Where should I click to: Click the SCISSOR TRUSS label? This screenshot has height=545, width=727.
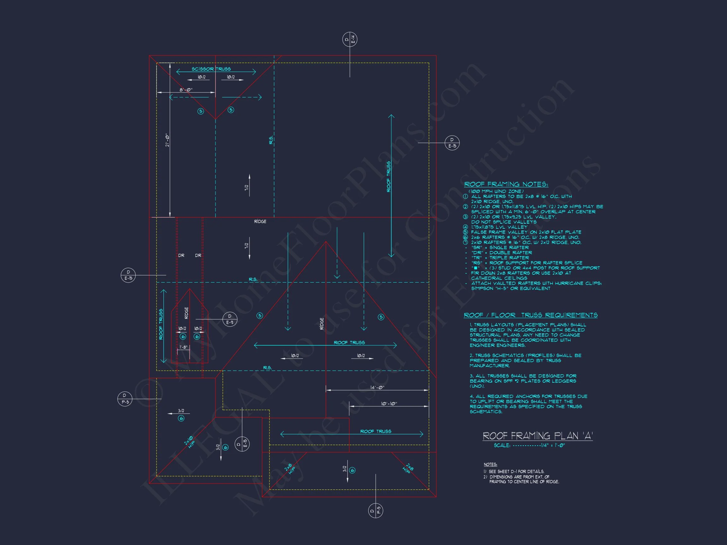tap(211, 69)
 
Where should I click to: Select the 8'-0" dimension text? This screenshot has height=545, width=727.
tap(186, 90)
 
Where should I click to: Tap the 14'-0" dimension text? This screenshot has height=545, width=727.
tap(377, 387)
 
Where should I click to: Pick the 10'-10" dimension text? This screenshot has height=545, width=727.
tap(389, 403)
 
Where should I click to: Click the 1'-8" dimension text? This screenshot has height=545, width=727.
tap(183, 347)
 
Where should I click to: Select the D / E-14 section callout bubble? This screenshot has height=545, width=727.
tap(350, 40)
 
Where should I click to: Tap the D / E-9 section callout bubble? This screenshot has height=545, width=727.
tap(230, 319)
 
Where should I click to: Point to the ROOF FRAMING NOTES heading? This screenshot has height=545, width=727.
tap(506, 184)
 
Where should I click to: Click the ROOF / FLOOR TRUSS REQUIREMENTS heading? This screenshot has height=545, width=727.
tap(530, 315)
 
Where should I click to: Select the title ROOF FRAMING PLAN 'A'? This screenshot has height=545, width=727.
tap(537, 436)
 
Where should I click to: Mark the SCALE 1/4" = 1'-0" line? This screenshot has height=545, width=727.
tap(529, 445)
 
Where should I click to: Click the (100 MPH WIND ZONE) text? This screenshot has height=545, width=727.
tap(496, 191)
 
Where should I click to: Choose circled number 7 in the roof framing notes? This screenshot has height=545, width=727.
tap(465, 243)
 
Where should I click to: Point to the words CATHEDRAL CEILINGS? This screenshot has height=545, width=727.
tap(499, 278)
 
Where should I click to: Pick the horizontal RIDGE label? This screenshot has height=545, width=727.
tap(260, 222)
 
